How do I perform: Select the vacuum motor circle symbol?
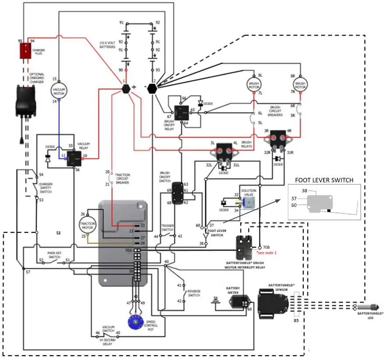59,90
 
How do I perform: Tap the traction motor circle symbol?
88,224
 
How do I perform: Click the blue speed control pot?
135,322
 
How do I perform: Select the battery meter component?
239,301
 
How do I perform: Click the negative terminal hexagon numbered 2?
152,87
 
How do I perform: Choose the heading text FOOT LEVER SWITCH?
324,180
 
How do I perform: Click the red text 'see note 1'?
267,253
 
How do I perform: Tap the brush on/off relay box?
181,113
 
